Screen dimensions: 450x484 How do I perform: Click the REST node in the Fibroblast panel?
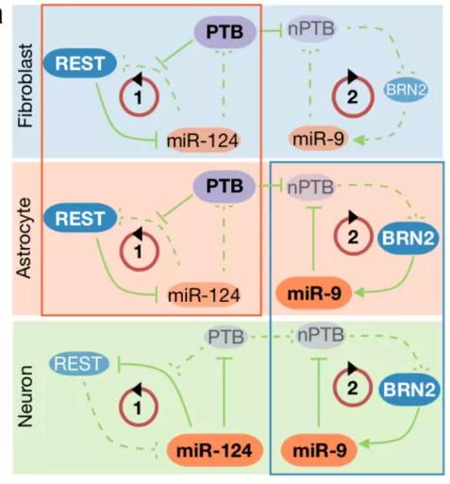coord(80,63)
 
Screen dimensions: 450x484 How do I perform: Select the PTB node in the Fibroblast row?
coord(225,32)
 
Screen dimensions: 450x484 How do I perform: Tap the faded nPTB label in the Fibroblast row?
coord(311,29)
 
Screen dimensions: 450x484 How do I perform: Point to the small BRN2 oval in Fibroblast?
coord(406,90)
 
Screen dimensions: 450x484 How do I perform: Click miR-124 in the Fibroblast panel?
coord(203,141)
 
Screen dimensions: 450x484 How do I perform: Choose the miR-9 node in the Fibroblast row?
coord(318,139)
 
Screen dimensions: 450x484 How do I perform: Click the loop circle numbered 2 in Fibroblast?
coord(353,96)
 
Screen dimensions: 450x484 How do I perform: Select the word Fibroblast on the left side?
coord(25,86)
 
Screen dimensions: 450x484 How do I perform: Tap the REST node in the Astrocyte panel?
coord(80,218)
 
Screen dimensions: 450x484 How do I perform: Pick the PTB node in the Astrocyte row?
coord(224,186)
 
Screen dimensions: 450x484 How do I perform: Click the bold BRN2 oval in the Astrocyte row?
coord(408,238)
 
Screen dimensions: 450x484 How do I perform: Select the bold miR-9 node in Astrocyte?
coord(314,293)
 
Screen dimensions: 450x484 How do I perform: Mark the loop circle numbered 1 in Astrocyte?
coord(139,250)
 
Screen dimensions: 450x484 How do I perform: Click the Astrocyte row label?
coord(25,238)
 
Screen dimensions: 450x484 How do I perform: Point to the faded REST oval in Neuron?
coord(79,363)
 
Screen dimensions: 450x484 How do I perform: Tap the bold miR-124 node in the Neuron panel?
coord(214,450)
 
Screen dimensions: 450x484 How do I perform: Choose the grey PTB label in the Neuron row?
coord(225,337)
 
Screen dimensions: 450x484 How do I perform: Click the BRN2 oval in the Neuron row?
coord(408,390)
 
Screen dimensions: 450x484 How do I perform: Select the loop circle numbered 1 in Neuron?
coord(138,406)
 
